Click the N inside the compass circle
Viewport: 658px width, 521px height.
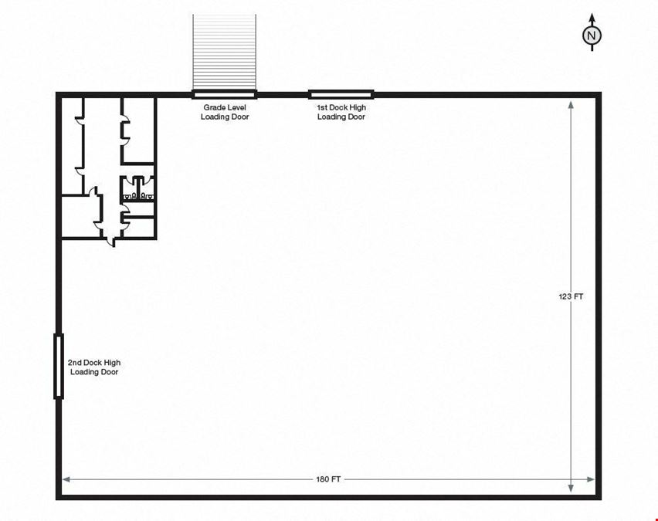tap(592, 36)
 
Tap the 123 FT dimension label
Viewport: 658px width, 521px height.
tap(571, 296)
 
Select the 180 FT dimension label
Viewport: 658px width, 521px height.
tap(328, 479)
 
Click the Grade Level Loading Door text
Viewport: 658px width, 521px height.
tap(225, 112)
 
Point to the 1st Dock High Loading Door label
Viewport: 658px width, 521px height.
tap(341, 112)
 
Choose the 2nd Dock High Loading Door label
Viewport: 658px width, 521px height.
tap(94, 367)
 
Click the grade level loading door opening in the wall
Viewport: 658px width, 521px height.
tap(224, 94)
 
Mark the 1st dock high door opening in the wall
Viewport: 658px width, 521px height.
tap(341, 94)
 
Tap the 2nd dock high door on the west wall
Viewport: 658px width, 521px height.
tap(59, 366)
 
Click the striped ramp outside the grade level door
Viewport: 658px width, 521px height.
tap(224, 52)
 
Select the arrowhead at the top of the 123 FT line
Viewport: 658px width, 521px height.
tap(571, 105)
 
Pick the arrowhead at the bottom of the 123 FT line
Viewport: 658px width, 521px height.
tap(571, 488)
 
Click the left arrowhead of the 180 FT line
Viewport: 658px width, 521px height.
tap(66, 479)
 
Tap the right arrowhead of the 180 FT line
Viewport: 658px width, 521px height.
tap(591, 479)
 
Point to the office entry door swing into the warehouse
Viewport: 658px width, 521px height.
tap(110, 242)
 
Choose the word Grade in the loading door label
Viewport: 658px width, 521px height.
tap(212, 107)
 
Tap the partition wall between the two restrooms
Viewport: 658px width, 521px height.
tap(138, 188)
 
